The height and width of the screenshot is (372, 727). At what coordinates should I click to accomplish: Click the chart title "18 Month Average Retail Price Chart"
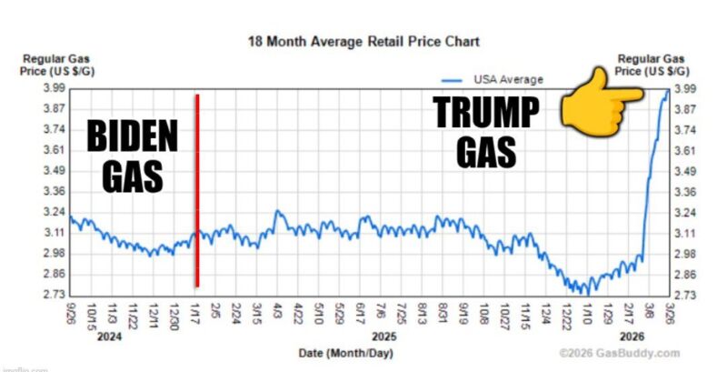coord(363,42)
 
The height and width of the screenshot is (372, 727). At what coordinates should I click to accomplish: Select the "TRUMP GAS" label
coord(485,133)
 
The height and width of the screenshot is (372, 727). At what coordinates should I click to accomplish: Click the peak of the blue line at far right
coord(667,90)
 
